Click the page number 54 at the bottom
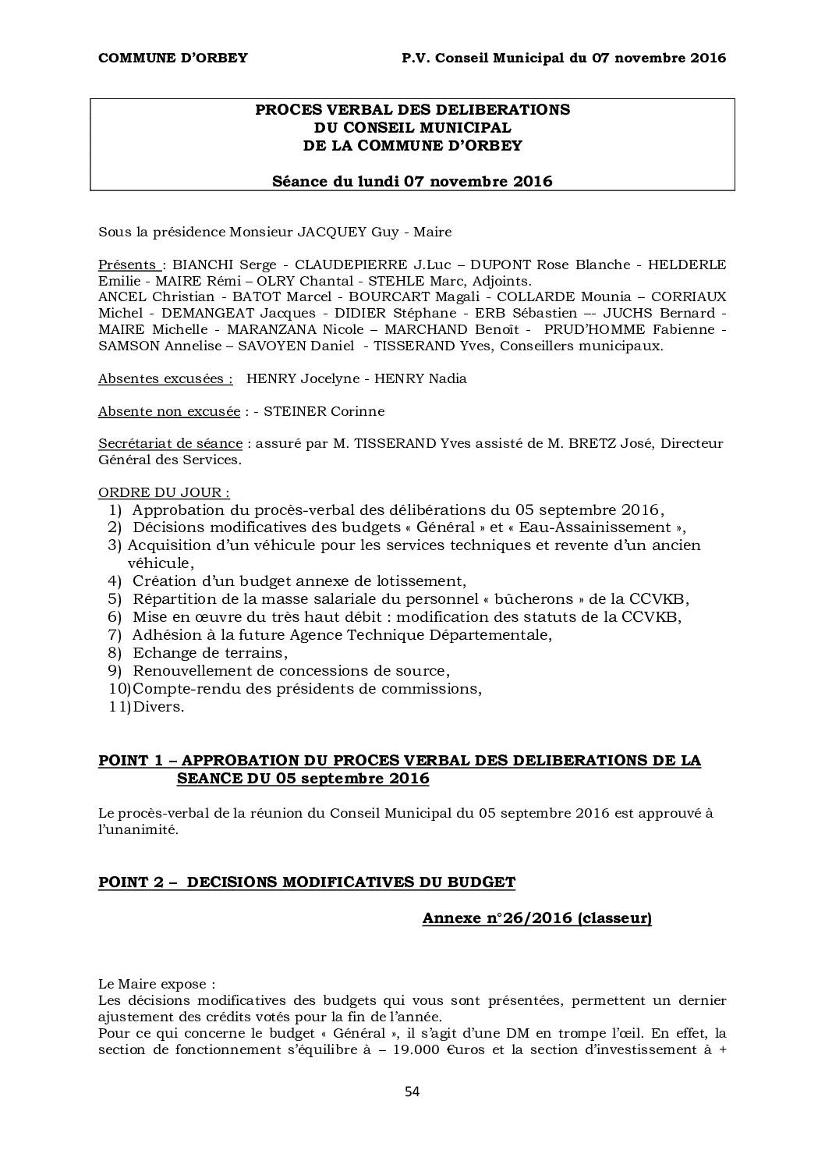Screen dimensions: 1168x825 [x=412, y=1091]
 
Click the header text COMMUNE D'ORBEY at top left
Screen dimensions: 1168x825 [x=172, y=58]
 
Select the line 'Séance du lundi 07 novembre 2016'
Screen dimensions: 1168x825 [x=412, y=182]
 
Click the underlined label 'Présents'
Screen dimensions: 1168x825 [x=127, y=264]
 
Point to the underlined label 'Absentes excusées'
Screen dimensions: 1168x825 [x=165, y=378]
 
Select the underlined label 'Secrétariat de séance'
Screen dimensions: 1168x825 [x=170, y=443]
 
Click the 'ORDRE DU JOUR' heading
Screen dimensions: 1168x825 [x=164, y=492]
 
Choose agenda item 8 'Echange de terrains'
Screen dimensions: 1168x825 [x=210, y=652]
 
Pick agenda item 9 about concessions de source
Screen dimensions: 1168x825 [x=291, y=670]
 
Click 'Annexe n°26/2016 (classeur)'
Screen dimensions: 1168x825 [x=536, y=918]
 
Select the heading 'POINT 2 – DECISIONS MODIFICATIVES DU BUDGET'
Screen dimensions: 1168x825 [x=306, y=882]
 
